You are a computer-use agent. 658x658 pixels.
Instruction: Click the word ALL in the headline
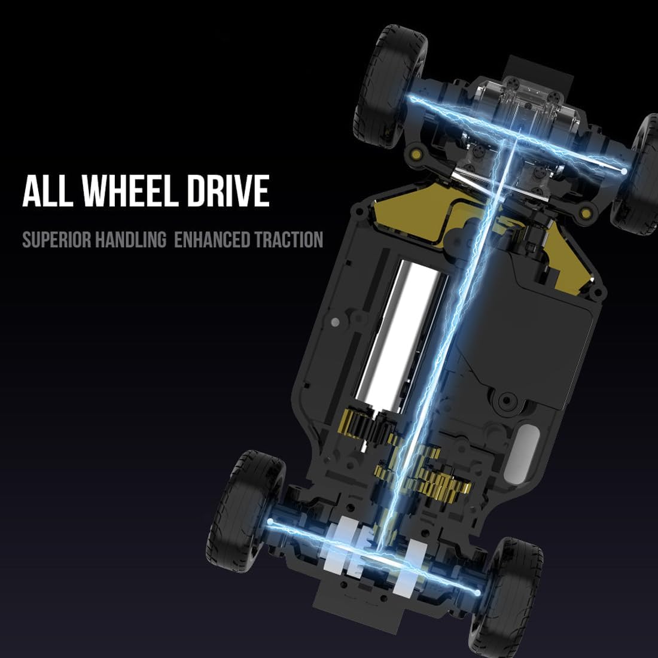pos(47,190)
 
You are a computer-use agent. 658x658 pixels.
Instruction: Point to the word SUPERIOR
pos(56,240)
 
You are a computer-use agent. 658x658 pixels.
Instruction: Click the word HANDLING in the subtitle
pos(130,240)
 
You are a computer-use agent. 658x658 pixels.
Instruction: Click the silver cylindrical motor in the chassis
pos(401,336)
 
